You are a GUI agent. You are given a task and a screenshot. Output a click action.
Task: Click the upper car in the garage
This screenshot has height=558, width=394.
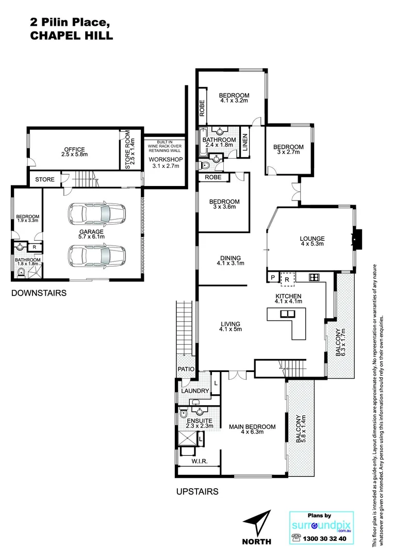coord(96,212)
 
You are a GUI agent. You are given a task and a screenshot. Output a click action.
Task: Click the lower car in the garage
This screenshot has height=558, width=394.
coord(96,254)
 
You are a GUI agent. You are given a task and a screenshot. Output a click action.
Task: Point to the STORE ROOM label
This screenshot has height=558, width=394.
coord(129,150)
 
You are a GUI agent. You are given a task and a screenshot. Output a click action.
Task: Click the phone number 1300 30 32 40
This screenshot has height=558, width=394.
coord(325,538)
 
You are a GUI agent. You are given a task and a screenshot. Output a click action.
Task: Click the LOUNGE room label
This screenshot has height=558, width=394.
coord(312,239)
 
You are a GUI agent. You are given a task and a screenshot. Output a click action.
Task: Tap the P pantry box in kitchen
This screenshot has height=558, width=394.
coord(272,278)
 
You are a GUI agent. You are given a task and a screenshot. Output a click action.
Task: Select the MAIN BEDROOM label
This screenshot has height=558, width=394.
coord(252,427)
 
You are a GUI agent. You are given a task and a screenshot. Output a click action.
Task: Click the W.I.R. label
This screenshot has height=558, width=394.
coord(199,462)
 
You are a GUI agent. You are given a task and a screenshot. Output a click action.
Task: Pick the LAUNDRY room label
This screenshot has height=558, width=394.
coord(195,391)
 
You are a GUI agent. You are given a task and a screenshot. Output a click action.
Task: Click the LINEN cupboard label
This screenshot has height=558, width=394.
coord(245,143)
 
